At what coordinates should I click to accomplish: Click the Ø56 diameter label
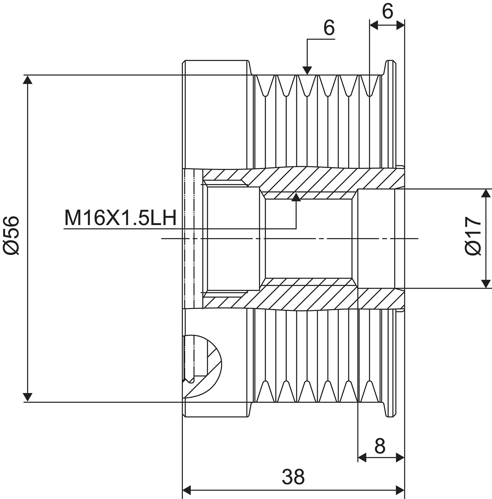[11, 236]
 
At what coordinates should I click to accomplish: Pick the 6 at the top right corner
[388, 11]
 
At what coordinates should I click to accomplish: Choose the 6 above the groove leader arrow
[329, 28]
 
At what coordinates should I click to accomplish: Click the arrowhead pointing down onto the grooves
[307, 70]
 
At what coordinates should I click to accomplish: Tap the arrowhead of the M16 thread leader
[296, 197]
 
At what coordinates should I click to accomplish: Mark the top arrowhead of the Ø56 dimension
[28, 80]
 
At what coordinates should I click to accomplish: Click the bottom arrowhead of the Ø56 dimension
[28, 398]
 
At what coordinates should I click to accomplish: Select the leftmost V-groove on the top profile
[265, 86]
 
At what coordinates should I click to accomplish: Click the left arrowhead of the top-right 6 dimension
[374, 26]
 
